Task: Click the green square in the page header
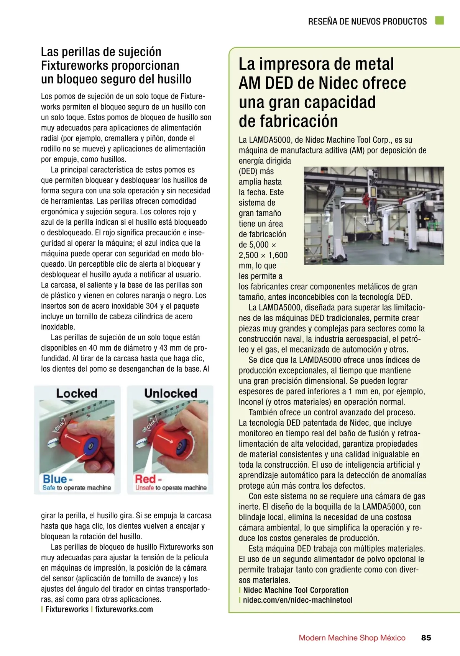pyautogui.click(x=439, y=21)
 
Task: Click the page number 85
pyautogui.click(x=426, y=638)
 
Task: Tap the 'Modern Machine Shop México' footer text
pyautogui.click(x=352, y=638)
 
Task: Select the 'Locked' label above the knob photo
pyautogui.click(x=77, y=393)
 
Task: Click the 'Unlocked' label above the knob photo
pyautogui.click(x=171, y=393)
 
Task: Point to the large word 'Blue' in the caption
pyautogui.click(x=55, y=479)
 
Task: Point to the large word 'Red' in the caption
pyautogui.click(x=145, y=479)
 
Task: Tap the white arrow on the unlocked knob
pyautogui.click(x=168, y=437)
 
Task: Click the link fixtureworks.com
pyautogui.click(x=124, y=609)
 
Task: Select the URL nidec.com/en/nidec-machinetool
pyautogui.click(x=297, y=600)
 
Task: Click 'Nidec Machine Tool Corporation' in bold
pyautogui.click(x=296, y=590)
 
